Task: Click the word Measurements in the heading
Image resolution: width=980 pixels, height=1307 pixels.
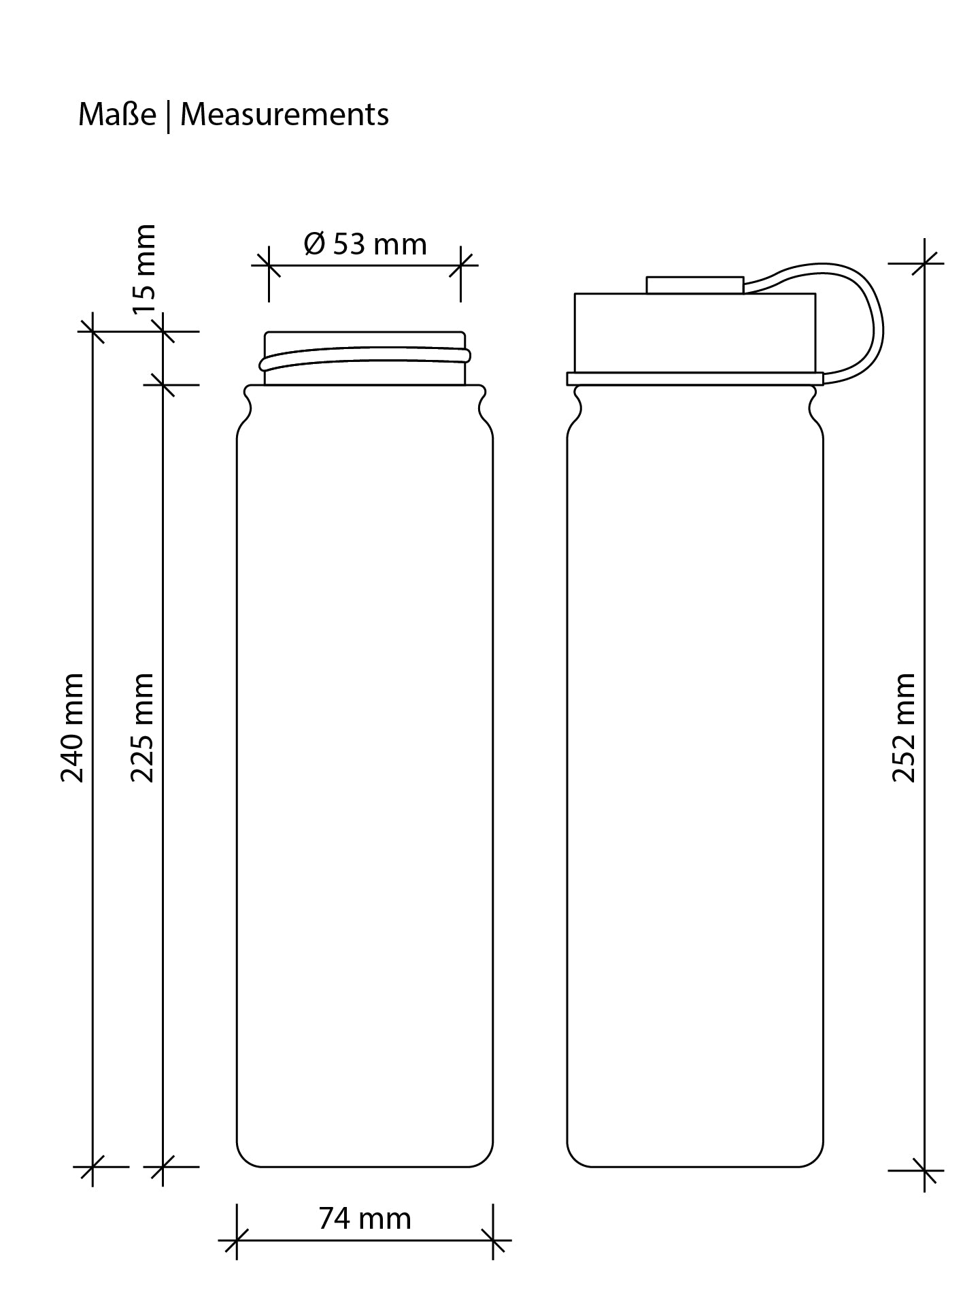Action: point(284,114)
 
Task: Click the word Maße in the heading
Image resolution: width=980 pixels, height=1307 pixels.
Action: point(117,114)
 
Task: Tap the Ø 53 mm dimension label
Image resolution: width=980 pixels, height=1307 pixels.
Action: point(365,244)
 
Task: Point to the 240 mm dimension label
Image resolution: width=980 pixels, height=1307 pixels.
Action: point(73,727)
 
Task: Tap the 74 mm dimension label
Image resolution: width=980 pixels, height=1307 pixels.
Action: point(365,1218)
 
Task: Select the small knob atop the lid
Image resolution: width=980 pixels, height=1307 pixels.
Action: point(694,284)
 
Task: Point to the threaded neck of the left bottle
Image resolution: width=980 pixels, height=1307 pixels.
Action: point(365,359)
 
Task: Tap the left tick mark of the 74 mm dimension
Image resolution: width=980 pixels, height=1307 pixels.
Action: point(237,1240)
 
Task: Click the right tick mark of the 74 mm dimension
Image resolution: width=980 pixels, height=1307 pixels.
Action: point(493,1240)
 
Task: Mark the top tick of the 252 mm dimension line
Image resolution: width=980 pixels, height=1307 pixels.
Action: point(925,263)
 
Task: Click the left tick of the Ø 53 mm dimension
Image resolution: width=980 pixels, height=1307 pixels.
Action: point(269,265)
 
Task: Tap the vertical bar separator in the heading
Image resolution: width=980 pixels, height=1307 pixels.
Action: point(168,116)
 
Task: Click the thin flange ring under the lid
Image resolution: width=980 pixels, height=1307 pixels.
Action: point(694,379)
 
